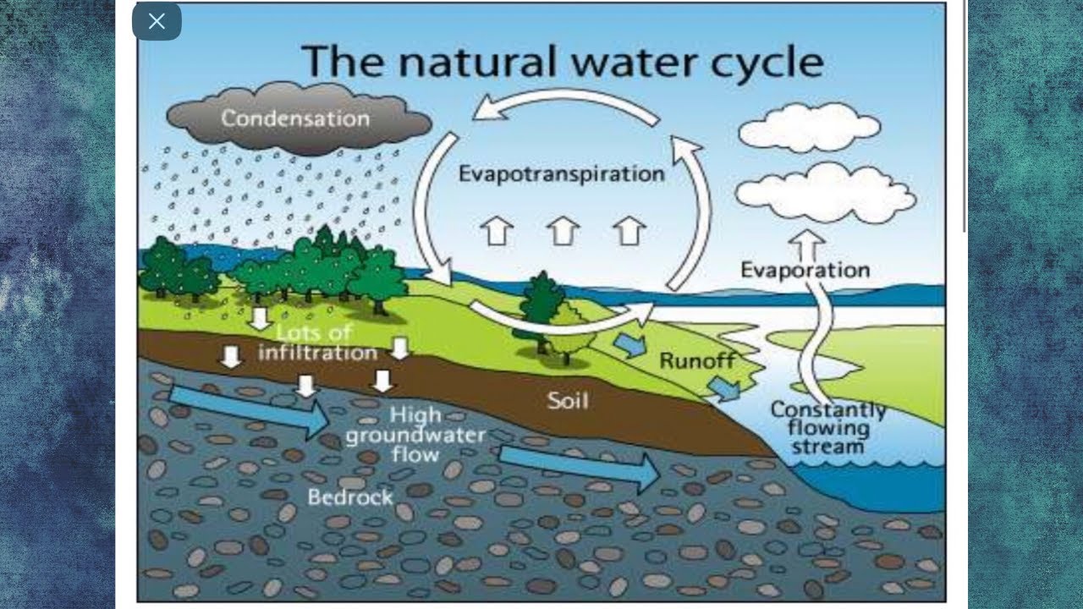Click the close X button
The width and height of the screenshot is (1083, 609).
[x=157, y=22]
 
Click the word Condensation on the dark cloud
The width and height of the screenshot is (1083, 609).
[x=295, y=118]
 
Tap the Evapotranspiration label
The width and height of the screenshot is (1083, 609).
[x=561, y=174]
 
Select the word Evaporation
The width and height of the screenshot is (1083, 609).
[x=805, y=270]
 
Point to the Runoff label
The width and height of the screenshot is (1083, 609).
[x=697, y=361]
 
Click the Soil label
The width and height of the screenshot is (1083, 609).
[x=567, y=399]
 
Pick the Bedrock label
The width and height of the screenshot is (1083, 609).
[x=350, y=496]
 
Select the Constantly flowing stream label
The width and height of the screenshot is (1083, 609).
[x=827, y=428]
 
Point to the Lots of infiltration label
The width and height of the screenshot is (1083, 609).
[x=317, y=342]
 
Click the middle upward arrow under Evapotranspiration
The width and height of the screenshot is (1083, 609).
[x=563, y=230]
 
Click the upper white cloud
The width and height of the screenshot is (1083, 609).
[x=808, y=127]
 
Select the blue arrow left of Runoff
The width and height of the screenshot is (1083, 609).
[x=629, y=343]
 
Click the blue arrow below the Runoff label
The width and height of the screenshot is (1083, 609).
[x=723, y=388]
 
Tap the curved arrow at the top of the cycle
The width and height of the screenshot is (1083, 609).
[x=564, y=104]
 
